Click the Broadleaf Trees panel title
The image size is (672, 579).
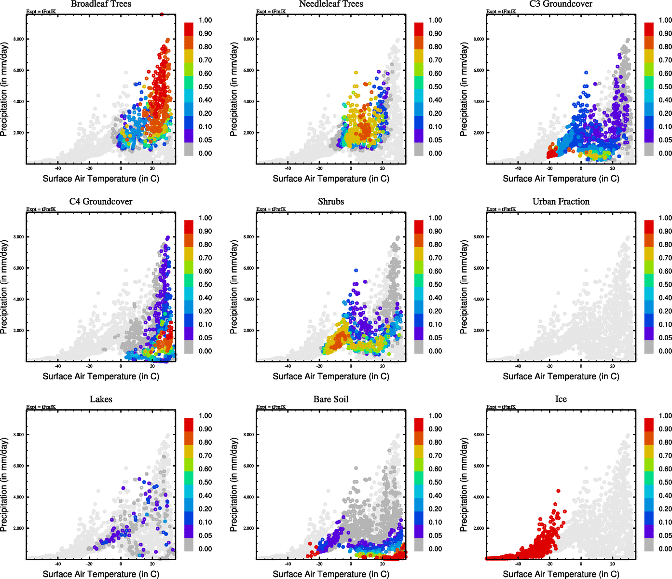[x=101, y=4]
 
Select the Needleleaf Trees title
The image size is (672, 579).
[x=330, y=4]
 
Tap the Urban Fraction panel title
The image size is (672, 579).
[x=561, y=202]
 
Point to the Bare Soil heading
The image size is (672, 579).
[x=330, y=400]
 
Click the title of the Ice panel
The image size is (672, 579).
[x=561, y=400]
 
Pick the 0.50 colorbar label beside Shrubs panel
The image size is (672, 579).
[x=435, y=285]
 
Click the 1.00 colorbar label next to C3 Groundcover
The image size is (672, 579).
[x=665, y=20]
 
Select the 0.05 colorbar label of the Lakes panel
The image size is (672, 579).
[x=205, y=536]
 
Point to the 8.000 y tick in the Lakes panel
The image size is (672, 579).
[x=18, y=435]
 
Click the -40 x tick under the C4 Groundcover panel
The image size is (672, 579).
[x=58, y=367]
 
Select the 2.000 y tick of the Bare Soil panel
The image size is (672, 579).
[x=248, y=528]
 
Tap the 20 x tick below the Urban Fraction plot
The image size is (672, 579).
[x=613, y=367]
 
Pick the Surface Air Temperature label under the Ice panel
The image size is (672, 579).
[x=561, y=574]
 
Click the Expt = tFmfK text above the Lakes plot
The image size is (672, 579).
[x=41, y=407]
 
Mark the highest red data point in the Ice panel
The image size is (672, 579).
[x=558, y=491]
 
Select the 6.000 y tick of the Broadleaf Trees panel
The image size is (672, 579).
[x=18, y=70]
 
